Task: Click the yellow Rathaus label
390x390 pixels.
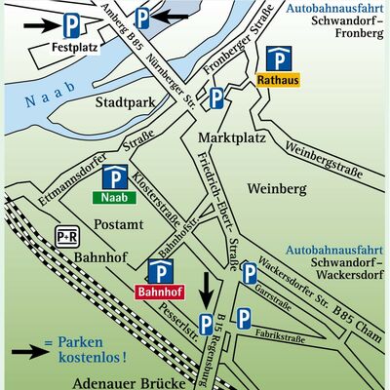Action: click(278, 80)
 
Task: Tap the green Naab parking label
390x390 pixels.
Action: click(114, 198)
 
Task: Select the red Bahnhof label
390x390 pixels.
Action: click(160, 292)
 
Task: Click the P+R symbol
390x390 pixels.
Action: click(67, 237)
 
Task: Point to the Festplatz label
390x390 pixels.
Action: click(75, 48)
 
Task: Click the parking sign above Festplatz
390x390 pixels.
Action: click(71, 25)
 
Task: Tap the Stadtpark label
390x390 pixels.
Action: click(125, 103)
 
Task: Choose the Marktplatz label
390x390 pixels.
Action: click(232, 137)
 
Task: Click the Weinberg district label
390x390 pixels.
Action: click(277, 188)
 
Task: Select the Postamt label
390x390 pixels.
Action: click(119, 224)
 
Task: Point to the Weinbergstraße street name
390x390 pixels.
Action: click(324, 160)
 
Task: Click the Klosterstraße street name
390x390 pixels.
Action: click(156, 199)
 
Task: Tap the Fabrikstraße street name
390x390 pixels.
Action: click(280, 336)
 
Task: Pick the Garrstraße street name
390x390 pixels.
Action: click(273, 297)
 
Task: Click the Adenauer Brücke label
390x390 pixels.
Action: click(130, 383)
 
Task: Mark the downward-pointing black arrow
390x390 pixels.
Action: click(207, 292)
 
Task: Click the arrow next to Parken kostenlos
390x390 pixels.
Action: click(30, 351)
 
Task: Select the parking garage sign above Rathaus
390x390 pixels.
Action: click(279, 58)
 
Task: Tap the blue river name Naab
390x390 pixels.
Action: click(51, 95)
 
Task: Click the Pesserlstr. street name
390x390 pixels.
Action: click(178, 323)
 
